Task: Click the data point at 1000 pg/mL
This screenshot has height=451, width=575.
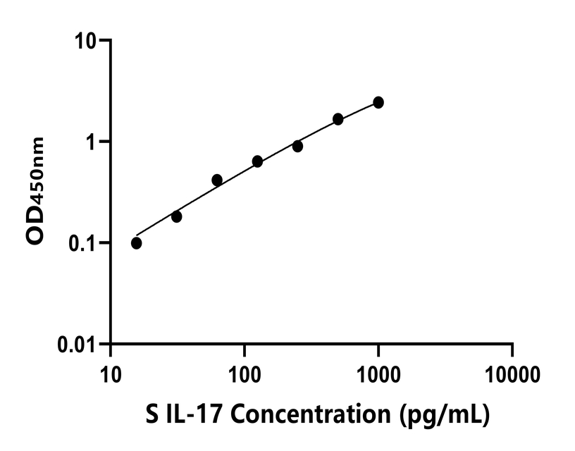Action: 378,102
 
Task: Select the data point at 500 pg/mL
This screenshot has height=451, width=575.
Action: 338,119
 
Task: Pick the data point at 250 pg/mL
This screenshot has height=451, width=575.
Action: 297,146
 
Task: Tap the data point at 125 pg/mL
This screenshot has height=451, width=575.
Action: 257,161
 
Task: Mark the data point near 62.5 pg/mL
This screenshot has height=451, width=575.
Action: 217,180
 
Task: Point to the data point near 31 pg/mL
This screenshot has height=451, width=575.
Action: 176,216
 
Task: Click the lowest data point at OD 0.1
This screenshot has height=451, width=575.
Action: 136,243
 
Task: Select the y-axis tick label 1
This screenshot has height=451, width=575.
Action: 94,142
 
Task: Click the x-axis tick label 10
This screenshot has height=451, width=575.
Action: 111,373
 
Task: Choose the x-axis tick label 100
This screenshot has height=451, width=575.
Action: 245,373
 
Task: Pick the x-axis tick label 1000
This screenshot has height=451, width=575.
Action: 378,373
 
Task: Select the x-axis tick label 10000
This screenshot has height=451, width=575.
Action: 512,373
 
